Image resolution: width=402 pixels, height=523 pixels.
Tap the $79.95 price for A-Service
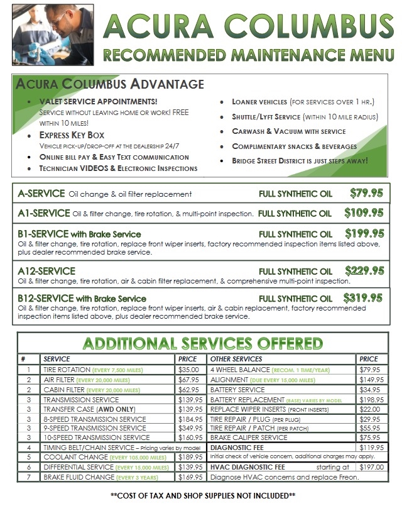coord(366,194)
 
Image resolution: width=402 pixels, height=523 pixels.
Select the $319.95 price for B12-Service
coord(363,298)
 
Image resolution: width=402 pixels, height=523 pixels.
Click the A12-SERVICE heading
coord(47,271)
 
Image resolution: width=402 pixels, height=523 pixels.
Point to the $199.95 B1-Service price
coord(363,234)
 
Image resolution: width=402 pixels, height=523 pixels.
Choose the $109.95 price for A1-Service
coord(364,213)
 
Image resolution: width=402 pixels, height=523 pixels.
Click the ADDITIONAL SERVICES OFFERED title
coord(203,344)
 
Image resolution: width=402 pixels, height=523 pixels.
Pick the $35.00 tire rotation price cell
coord(191,370)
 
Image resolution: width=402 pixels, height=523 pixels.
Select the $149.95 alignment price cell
coord(371,380)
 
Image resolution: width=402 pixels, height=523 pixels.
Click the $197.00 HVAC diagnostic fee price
coord(371,467)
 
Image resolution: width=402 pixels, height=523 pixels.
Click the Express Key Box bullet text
coord(72,135)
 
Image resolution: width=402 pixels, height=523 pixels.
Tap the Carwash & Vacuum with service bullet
coord(288,131)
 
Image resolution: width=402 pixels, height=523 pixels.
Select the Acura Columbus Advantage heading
coord(110,84)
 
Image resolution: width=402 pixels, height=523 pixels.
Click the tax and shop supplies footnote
coord(202,496)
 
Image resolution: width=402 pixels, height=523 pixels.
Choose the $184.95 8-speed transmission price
coord(191,419)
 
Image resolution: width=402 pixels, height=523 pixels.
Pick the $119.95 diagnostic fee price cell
coord(371,448)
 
